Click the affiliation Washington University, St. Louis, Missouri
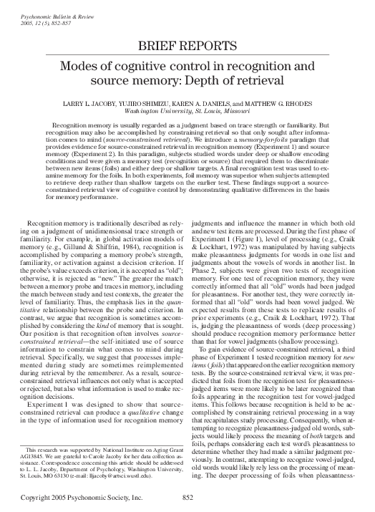pos(187,112)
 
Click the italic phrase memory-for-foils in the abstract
pos(268,147)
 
